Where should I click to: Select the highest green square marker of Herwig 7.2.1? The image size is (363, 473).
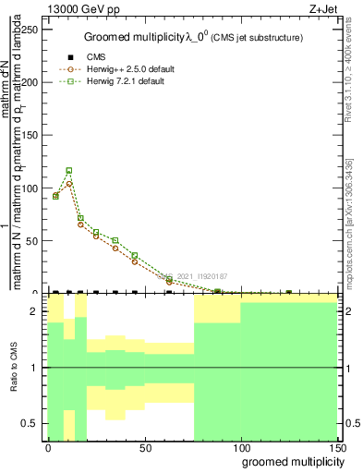(x=69, y=171)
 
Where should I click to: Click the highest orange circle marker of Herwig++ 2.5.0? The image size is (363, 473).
(x=69, y=183)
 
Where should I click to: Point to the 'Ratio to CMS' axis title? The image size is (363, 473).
(x=14, y=368)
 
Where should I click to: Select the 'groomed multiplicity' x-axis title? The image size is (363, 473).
(x=291, y=461)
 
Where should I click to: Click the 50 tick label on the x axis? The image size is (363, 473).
(x=144, y=447)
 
